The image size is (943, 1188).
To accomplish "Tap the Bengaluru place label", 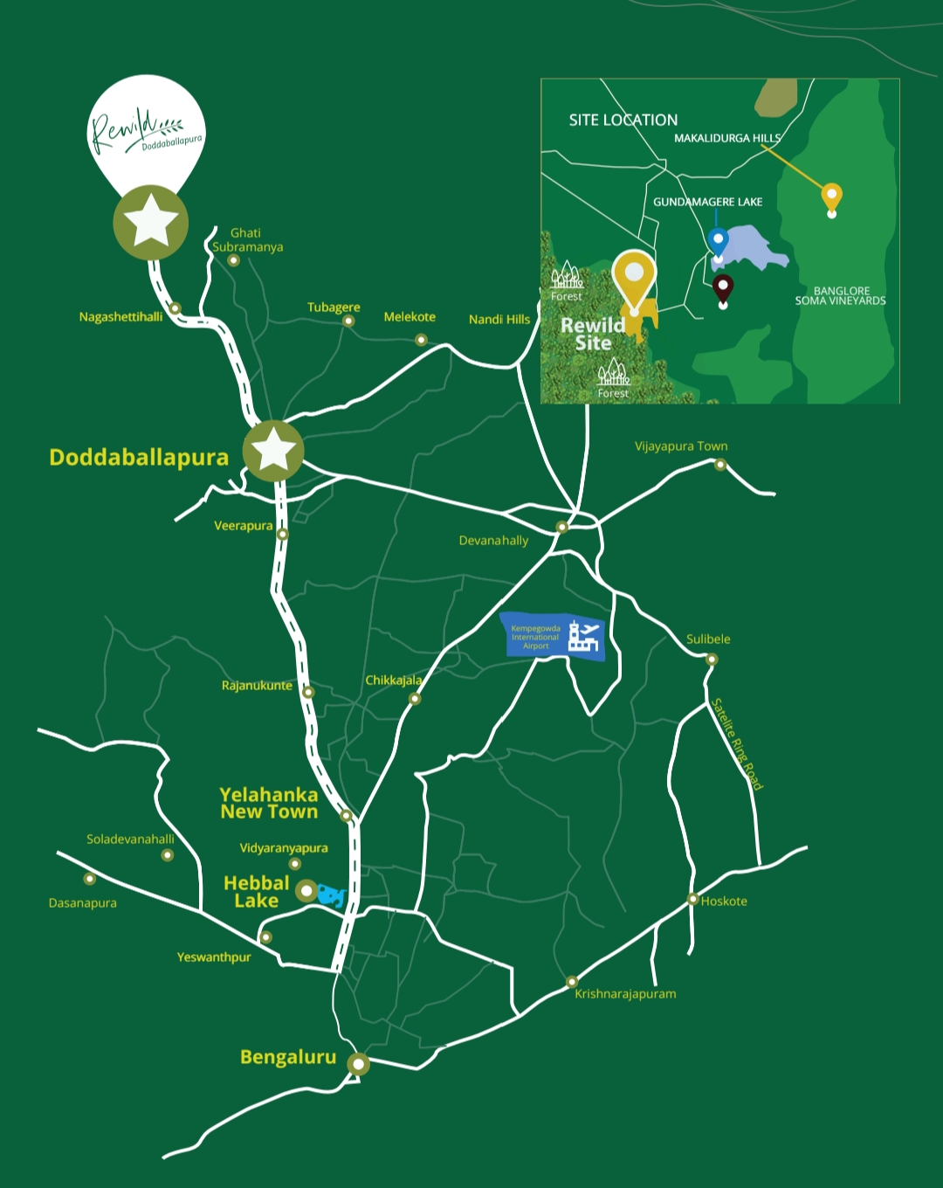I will tap(288, 1057).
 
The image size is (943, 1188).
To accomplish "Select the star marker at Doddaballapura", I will tap(273, 451).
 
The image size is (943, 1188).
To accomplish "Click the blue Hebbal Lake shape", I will tap(332, 894).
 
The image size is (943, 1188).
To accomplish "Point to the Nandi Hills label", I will tap(499, 320).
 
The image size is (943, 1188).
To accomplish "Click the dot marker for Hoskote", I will tap(692, 899).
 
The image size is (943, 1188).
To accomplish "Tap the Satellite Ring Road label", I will tap(737, 744).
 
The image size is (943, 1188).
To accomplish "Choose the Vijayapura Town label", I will tap(681, 446).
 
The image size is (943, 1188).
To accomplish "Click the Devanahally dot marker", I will tap(562, 527).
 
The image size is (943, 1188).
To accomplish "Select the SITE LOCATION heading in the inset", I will tap(623, 121).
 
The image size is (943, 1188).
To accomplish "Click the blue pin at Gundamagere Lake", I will tap(718, 240).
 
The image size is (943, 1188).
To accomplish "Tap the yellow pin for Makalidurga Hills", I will tap(832, 197).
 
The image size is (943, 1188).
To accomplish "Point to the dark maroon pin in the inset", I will tap(722, 287).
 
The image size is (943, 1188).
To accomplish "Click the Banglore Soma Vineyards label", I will tap(840, 296).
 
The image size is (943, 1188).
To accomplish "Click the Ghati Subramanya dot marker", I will tap(233, 260).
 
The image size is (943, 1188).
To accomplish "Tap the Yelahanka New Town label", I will tap(269, 803).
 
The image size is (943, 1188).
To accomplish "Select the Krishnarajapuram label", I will tap(625, 994).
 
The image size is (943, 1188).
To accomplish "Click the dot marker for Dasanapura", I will tap(89, 879).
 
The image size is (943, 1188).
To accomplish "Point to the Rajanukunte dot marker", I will tap(308, 693).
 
